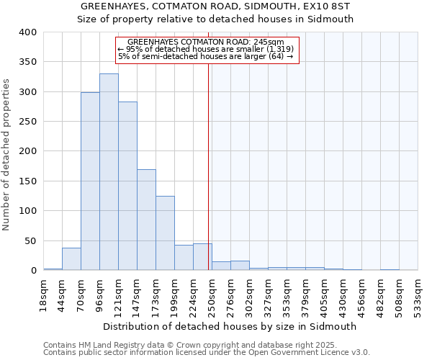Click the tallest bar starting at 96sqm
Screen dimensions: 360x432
tap(109, 173)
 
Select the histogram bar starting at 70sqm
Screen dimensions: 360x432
tap(90, 181)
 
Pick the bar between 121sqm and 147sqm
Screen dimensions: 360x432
tap(127, 186)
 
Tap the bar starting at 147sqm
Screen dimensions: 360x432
tap(146, 220)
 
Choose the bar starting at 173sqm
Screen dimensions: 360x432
tap(165, 233)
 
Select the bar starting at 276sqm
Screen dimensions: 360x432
tap(240, 266)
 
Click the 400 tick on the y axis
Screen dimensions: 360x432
tap(27, 32)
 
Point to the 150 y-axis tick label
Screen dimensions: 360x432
tap(27, 181)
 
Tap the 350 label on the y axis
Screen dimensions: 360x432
tap(27, 63)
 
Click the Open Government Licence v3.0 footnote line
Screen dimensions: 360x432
tap(207, 353)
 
